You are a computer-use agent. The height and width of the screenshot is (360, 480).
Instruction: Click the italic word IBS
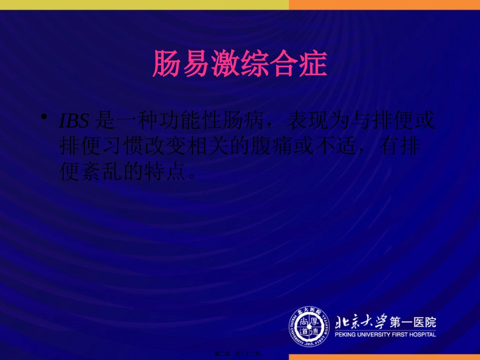[x=74, y=122]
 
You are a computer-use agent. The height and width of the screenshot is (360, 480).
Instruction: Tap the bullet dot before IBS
[x=45, y=118]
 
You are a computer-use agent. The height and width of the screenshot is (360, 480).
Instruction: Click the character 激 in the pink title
[x=225, y=63]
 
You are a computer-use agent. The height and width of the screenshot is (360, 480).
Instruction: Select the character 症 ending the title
[x=312, y=63]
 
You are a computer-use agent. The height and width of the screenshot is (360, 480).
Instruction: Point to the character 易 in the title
[x=197, y=63]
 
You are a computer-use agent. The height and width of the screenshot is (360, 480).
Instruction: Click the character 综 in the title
[x=254, y=63]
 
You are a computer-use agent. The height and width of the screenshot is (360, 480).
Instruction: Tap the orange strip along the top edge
[x=384, y=5]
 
